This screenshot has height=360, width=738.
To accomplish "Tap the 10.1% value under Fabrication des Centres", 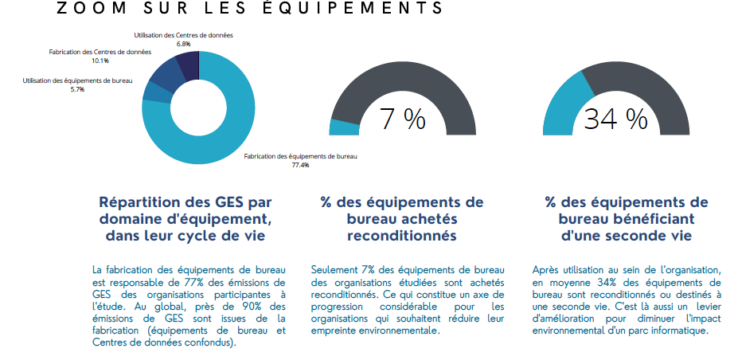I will click(100, 61).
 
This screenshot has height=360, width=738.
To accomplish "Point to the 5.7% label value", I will click(77, 89).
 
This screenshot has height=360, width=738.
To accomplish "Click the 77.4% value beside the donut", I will click(300, 165).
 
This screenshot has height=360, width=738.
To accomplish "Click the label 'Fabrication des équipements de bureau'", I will click(300, 157).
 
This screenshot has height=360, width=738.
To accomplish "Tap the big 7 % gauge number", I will click(402, 119).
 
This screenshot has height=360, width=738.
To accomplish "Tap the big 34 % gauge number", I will click(615, 119).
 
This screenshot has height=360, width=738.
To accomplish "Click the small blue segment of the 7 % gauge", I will click(344, 127).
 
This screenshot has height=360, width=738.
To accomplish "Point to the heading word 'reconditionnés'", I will click(401, 236).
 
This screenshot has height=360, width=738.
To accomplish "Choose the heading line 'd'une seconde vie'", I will click(626, 236).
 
